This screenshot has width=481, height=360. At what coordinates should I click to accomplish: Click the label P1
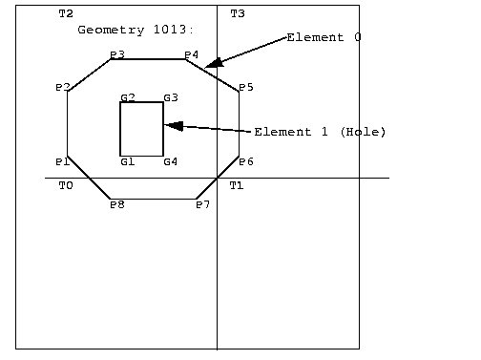click(62, 160)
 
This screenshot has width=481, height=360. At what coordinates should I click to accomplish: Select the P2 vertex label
click(62, 88)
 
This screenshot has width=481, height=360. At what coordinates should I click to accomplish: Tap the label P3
click(116, 55)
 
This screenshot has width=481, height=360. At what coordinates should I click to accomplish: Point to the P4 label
click(191, 55)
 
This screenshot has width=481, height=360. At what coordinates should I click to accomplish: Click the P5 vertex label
click(245, 88)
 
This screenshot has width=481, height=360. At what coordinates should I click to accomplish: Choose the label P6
click(245, 161)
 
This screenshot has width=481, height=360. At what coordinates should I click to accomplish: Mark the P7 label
click(202, 204)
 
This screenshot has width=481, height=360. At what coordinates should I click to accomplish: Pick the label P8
click(116, 204)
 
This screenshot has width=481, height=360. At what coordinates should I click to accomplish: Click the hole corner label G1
click(127, 161)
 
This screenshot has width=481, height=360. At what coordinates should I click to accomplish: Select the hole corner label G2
click(127, 98)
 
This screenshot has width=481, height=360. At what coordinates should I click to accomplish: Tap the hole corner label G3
click(170, 98)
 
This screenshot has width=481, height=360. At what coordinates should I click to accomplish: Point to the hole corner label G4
click(170, 161)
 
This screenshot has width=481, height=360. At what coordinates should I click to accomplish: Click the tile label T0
click(65, 185)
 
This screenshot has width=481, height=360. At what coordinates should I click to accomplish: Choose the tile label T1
click(236, 185)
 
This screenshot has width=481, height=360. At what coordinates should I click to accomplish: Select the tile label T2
click(65, 14)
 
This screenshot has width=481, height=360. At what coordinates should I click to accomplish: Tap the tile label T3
click(237, 14)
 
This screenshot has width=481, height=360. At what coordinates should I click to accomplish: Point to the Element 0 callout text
click(324, 37)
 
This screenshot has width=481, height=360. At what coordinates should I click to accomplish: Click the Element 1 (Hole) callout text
click(320, 132)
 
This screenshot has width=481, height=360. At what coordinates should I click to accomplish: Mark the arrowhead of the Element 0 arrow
click(213, 64)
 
